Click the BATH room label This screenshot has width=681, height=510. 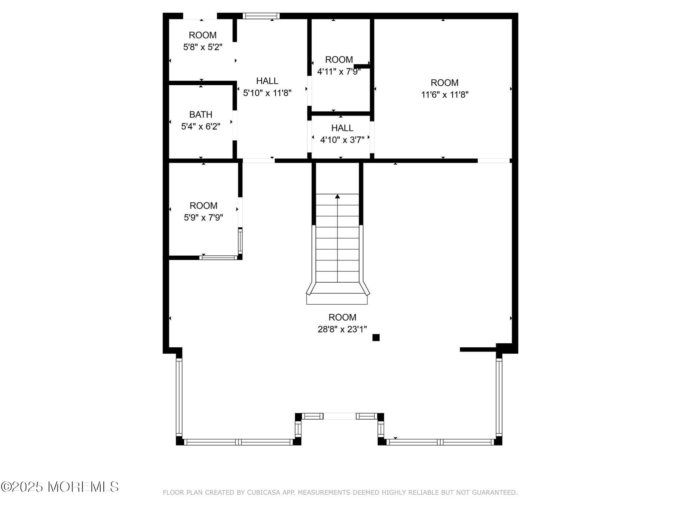coord(201,115)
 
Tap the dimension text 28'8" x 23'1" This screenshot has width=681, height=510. coord(342,329)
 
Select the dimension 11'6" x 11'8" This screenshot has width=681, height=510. coord(445,95)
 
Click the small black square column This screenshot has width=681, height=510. coord(376,338)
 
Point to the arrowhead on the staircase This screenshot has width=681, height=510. coord(338,197)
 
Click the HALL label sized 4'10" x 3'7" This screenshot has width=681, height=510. coord(342,128)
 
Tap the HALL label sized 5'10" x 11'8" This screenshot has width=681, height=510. coord(267,81)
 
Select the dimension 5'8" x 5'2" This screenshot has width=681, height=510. coord(203,47)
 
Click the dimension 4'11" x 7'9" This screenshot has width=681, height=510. coord(339,72)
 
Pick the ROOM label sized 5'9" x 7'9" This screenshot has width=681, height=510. coord(204,206)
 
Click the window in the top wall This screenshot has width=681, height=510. coord(261,16)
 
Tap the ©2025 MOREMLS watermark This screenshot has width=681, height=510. coord(60,487)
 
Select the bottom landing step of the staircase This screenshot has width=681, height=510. coord(337,299)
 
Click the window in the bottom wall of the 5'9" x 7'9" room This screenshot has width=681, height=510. coord(218,258)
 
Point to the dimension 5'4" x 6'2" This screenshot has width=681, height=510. coord(201,127)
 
